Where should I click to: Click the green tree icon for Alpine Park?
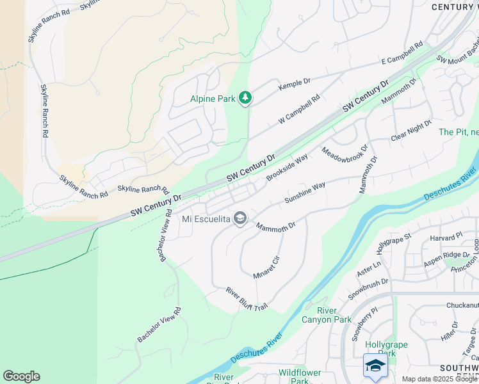245,98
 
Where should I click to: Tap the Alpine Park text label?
213,99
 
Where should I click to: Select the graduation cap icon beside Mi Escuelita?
240,220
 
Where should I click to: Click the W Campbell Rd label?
298,110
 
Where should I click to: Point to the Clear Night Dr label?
412,130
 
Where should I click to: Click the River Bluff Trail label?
246,300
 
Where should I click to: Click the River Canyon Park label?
334,315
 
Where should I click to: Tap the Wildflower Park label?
298,376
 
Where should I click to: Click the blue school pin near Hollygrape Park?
375,365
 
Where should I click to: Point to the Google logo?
21,376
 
